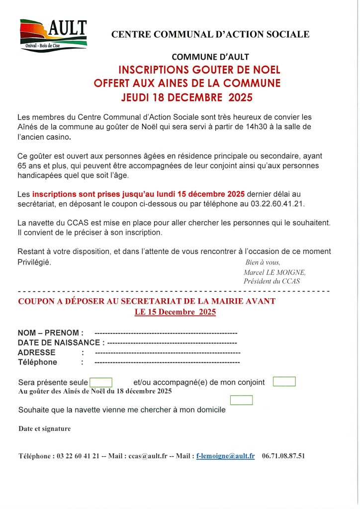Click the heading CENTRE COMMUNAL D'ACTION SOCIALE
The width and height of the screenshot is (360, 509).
(x=210, y=34)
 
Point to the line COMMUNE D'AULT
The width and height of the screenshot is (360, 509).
(x=210, y=57)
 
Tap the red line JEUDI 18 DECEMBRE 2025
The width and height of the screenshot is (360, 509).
(x=187, y=97)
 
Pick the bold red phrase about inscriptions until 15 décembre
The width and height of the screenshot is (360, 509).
(x=139, y=194)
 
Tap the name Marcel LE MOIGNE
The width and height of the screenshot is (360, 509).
(x=274, y=272)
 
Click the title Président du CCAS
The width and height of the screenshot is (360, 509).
(x=271, y=281)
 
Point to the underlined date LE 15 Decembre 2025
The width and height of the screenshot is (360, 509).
(x=175, y=312)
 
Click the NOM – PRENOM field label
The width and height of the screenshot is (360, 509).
(x=51, y=333)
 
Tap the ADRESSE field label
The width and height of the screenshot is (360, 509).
(x=37, y=352)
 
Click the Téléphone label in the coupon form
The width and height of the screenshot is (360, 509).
(x=38, y=362)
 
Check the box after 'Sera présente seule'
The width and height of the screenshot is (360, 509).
(x=101, y=382)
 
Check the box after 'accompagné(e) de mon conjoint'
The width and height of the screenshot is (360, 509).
(x=284, y=382)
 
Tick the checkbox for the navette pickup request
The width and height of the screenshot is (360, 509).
(x=241, y=400)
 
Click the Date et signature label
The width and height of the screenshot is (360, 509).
(x=45, y=428)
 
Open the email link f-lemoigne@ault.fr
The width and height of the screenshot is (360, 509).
(x=226, y=456)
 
